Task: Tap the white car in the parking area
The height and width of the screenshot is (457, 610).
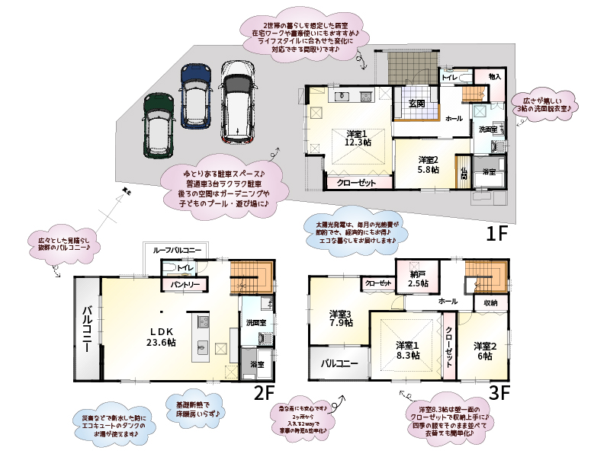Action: [x=236, y=102]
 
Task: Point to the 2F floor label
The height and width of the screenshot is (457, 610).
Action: [x=264, y=393]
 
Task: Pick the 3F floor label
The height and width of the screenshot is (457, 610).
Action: [x=499, y=394]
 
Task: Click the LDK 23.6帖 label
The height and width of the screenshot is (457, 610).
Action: [x=162, y=337]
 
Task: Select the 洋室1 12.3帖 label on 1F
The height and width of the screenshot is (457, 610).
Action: [x=357, y=137]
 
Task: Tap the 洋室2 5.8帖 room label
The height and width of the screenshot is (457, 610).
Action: [x=429, y=165]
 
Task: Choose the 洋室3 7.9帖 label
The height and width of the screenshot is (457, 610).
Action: [x=341, y=318]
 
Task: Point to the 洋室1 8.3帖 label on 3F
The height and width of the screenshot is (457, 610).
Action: [x=406, y=350]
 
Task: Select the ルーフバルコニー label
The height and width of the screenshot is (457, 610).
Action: [x=177, y=251]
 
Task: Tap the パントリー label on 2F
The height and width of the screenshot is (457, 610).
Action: [x=184, y=285]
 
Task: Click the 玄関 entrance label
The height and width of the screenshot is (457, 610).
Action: [x=416, y=103]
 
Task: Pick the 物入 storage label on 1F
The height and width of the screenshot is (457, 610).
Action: [x=495, y=76]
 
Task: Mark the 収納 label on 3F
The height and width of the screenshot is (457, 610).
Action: [x=490, y=303]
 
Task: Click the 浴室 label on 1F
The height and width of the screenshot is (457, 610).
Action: [x=489, y=172]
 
